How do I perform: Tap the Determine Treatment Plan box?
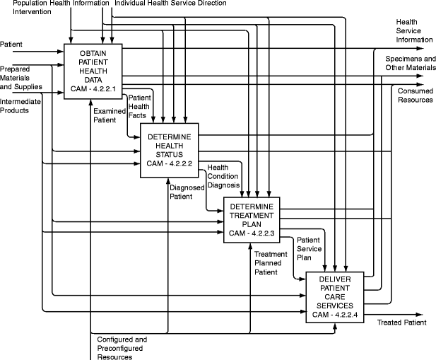252,219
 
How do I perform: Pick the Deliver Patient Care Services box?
336,296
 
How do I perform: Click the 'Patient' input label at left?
11,44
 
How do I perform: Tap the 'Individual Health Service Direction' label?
170,4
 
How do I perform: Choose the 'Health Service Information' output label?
409,30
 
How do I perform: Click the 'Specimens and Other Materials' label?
410,63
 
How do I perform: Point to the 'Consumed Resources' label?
415,95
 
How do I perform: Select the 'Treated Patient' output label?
401,323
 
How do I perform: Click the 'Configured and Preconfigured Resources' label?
122,348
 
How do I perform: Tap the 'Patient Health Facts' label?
140,106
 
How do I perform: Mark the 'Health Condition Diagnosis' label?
223,177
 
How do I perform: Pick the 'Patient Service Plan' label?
309,249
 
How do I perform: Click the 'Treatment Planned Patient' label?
271,262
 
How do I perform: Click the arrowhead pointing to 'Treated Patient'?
418,314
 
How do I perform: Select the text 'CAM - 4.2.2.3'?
252,233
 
